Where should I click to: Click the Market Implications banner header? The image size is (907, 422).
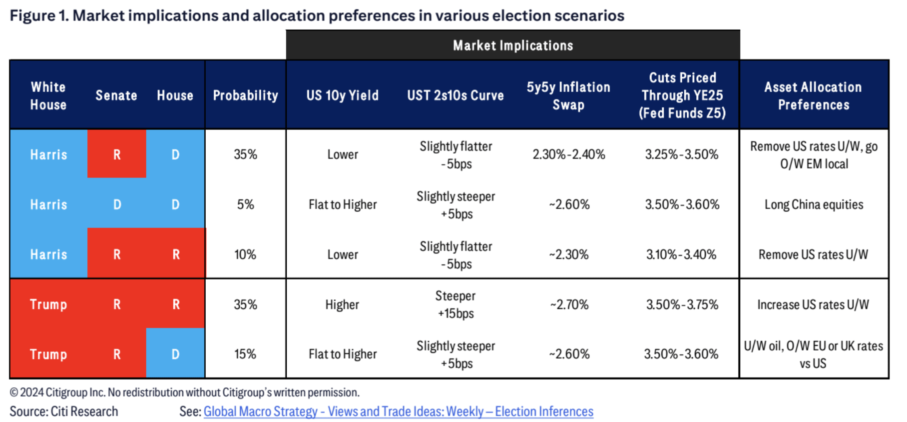[x=512, y=45]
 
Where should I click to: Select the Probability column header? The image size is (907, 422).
[x=245, y=95]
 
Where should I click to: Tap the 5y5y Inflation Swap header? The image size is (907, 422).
[x=568, y=95]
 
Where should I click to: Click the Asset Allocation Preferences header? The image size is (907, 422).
[x=813, y=95]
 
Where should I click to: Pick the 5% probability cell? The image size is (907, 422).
[x=245, y=204]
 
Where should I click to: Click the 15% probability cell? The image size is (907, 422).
[x=245, y=354]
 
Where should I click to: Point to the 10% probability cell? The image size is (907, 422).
[x=245, y=254]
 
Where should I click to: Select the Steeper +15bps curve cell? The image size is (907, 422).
[x=455, y=304]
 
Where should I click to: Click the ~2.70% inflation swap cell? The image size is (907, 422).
[x=569, y=304]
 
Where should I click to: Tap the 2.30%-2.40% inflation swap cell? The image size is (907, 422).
[x=568, y=154]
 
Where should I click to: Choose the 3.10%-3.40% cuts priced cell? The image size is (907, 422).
[x=681, y=254]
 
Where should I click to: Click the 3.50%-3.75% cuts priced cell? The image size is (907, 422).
[x=682, y=304]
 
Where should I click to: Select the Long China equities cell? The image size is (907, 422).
[x=813, y=204]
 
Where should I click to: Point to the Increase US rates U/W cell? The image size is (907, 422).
[x=813, y=304]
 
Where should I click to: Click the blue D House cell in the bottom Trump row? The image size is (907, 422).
[x=175, y=354]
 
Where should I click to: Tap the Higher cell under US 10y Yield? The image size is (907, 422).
[x=342, y=304]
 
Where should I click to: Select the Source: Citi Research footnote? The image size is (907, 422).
[x=64, y=411]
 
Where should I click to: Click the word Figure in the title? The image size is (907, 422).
[x=32, y=15]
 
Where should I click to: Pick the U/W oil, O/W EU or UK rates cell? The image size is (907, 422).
[x=813, y=354]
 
